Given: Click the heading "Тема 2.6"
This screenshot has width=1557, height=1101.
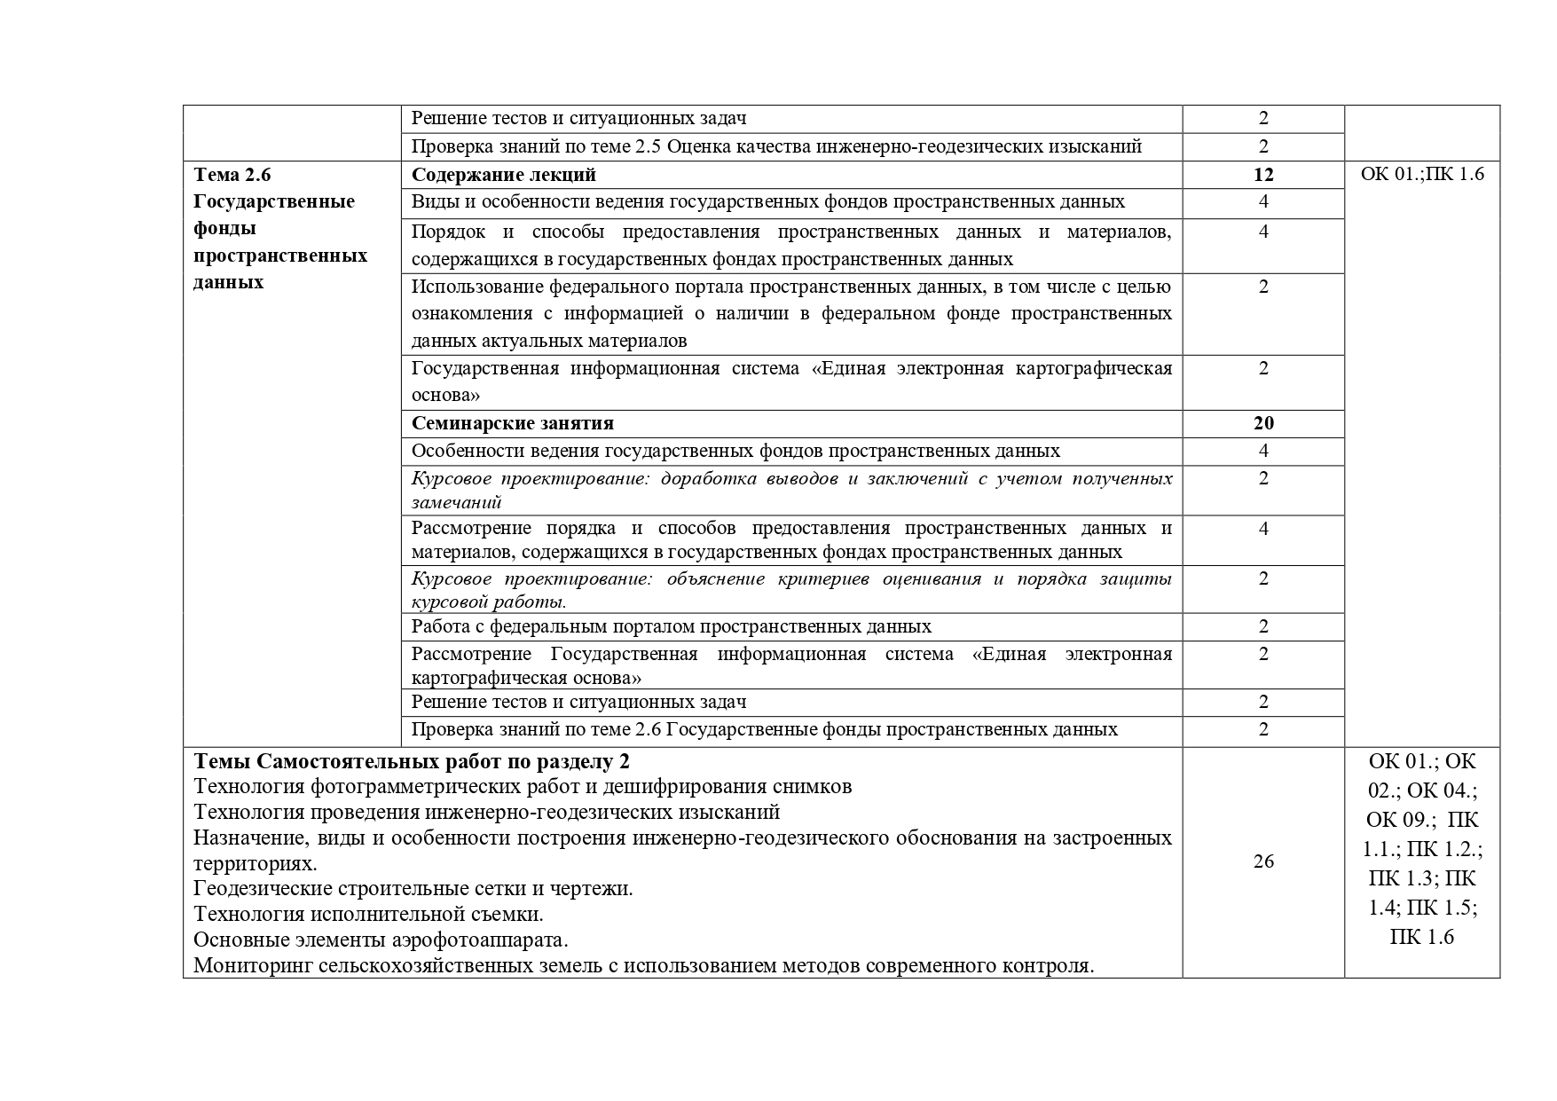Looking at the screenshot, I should click(x=232, y=175).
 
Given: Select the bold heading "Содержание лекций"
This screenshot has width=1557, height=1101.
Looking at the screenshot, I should click(x=503, y=175).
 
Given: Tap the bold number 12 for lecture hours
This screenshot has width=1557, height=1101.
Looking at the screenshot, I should click(x=1263, y=175).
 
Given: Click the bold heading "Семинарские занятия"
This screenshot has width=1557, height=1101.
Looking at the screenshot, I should click(x=513, y=423).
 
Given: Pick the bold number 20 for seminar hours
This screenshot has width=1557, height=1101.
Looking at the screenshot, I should click(x=1263, y=423).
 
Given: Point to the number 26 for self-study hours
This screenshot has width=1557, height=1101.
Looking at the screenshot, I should click(x=1263, y=861).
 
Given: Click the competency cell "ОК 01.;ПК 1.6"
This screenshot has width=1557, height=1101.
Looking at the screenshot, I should click(x=1421, y=175).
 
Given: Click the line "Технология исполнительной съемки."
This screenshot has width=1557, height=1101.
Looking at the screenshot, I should click(x=368, y=914).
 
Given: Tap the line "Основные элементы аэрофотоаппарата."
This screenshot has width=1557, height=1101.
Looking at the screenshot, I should click(x=381, y=940).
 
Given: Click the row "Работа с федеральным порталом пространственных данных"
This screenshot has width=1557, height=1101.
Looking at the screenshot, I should click(x=672, y=626).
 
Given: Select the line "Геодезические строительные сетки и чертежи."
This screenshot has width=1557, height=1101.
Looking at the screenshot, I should click(x=413, y=888).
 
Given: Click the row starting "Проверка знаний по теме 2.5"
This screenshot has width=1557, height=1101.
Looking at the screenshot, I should click(x=776, y=146).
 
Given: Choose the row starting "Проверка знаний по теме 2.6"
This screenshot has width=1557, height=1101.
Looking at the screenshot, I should click(x=764, y=729).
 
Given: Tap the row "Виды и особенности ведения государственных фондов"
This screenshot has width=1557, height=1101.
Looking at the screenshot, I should click(x=767, y=201).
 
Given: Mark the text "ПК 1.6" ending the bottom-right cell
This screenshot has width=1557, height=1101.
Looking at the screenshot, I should click(x=1421, y=936).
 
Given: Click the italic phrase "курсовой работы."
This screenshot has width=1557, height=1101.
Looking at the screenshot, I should click(x=489, y=602).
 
